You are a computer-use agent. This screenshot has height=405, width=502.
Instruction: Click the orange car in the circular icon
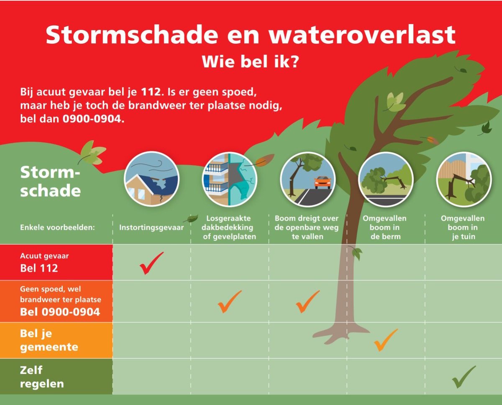tap(323, 182)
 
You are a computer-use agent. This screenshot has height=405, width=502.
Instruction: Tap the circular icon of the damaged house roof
tap(151, 179)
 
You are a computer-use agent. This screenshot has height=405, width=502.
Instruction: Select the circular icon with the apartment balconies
tap(230, 179)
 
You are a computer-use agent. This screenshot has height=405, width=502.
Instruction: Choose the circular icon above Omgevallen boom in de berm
tap(386, 179)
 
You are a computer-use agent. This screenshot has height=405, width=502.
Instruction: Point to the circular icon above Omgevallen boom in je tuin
tap(464, 179)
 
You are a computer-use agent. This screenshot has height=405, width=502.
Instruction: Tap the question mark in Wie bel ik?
tap(294, 62)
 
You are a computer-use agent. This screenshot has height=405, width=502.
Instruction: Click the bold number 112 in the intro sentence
tap(151, 92)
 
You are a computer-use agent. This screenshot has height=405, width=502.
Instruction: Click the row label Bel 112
tap(39, 268)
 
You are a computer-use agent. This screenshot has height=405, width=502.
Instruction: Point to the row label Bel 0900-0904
tap(60, 312)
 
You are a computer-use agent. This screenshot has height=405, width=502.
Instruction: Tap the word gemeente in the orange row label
tap(49, 347)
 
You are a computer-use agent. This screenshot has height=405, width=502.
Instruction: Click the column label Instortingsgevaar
tap(151, 228)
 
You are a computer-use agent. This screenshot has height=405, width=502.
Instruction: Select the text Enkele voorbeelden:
tap(57, 228)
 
